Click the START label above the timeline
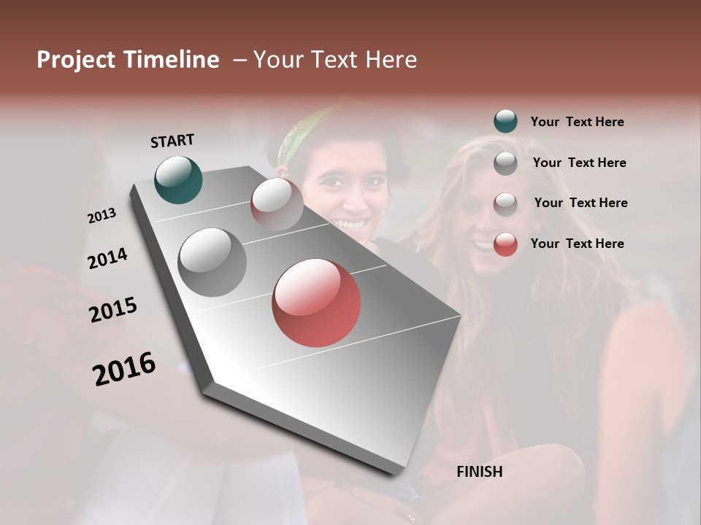click(x=172, y=141)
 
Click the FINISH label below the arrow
click(x=479, y=472)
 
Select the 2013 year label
click(x=102, y=216)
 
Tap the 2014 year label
click(x=108, y=259)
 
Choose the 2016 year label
click(x=124, y=368)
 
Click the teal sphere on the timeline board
click(x=178, y=179)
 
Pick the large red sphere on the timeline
click(x=316, y=303)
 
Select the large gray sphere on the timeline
click(x=212, y=262)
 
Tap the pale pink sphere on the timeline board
click(x=277, y=204)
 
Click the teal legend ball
click(x=505, y=122)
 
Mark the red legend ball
click(x=505, y=244)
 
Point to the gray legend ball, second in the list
click(x=505, y=163)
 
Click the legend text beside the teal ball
click(x=577, y=122)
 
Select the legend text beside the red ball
click(x=577, y=244)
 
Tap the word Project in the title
click(x=77, y=60)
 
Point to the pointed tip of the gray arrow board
click(x=398, y=472)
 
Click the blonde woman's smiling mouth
click(x=483, y=246)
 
